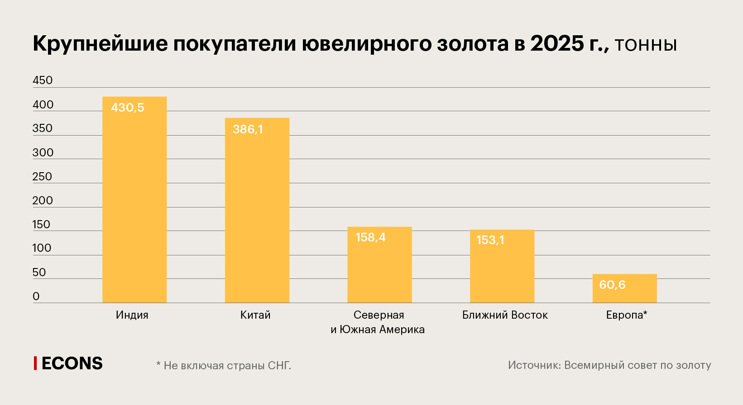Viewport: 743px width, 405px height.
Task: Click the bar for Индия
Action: pyautogui.click(x=134, y=203)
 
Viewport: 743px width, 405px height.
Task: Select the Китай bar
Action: pyautogui.click(x=257, y=212)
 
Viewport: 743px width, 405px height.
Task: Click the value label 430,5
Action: pyautogui.click(x=128, y=108)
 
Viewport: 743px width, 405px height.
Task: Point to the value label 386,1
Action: pyautogui.click(x=248, y=129)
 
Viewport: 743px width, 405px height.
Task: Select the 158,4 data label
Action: pyautogui.click(x=370, y=237)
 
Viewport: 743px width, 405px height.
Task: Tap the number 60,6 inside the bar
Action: pyautogui.click(x=612, y=285)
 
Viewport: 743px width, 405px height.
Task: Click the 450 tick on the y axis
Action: pyautogui.click(x=43, y=80)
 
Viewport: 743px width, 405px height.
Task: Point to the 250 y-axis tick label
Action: pyautogui.click(x=42, y=177)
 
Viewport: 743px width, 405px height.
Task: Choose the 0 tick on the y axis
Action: pyautogui.click(x=36, y=297)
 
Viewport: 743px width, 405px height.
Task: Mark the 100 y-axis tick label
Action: pyautogui.click(x=42, y=248)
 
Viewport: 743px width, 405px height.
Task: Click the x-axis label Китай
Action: pyautogui.click(x=255, y=315)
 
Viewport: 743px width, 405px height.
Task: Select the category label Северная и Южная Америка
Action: pyautogui.click(x=378, y=322)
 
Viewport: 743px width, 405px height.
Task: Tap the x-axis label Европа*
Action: pyautogui.click(x=627, y=315)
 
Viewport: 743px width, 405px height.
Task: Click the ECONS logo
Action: pyautogui.click(x=69, y=363)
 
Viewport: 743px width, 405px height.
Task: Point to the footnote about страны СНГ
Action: pyautogui.click(x=224, y=365)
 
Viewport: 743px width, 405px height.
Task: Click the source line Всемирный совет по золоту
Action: pyautogui.click(x=609, y=365)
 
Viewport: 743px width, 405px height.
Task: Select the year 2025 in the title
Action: pyautogui.click(x=557, y=44)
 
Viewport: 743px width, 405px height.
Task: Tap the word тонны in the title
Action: pyautogui.click(x=646, y=45)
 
